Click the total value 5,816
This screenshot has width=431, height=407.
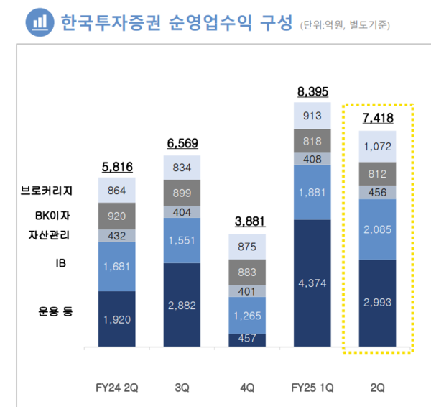point(116,167)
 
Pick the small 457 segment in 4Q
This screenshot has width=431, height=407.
point(248,339)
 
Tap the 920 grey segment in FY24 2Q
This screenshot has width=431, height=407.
point(116,215)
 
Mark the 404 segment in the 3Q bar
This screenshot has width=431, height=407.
point(182,212)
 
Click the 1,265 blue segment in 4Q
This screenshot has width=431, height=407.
point(248,316)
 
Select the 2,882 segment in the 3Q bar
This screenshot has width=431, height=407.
point(182,305)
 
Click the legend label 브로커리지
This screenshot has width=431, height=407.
point(47,191)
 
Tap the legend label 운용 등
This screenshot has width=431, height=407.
point(56,311)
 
